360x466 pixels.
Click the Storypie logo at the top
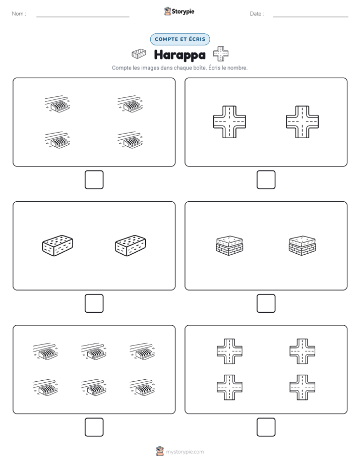pyautogui.click(x=179, y=11)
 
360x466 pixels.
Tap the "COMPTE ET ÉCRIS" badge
pyautogui.click(x=180, y=39)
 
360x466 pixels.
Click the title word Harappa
pyautogui.click(x=179, y=55)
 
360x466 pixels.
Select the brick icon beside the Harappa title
pyautogui.click(x=139, y=54)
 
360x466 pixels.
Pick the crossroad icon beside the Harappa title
pyautogui.click(x=221, y=54)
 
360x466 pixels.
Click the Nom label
pyautogui.click(x=19, y=14)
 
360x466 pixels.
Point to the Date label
pyautogui.click(x=257, y=14)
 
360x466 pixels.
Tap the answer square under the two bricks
pyautogui.click(x=94, y=304)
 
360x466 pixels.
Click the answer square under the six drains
pyautogui.click(x=94, y=427)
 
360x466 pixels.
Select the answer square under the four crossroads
pyautogui.click(x=266, y=427)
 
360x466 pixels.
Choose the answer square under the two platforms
pyautogui.click(x=266, y=304)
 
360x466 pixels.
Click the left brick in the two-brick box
pyautogui.click(x=57, y=246)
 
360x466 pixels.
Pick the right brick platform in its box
pyautogui.click(x=303, y=246)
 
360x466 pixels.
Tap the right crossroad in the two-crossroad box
pyautogui.click(x=303, y=122)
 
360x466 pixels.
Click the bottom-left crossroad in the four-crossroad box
pyautogui.click(x=229, y=387)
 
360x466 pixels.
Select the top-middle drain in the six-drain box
pyautogui.click(x=94, y=352)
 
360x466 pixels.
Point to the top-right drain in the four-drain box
pyautogui.click(x=130, y=104)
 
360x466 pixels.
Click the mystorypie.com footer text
pyautogui.click(x=185, y=452)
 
